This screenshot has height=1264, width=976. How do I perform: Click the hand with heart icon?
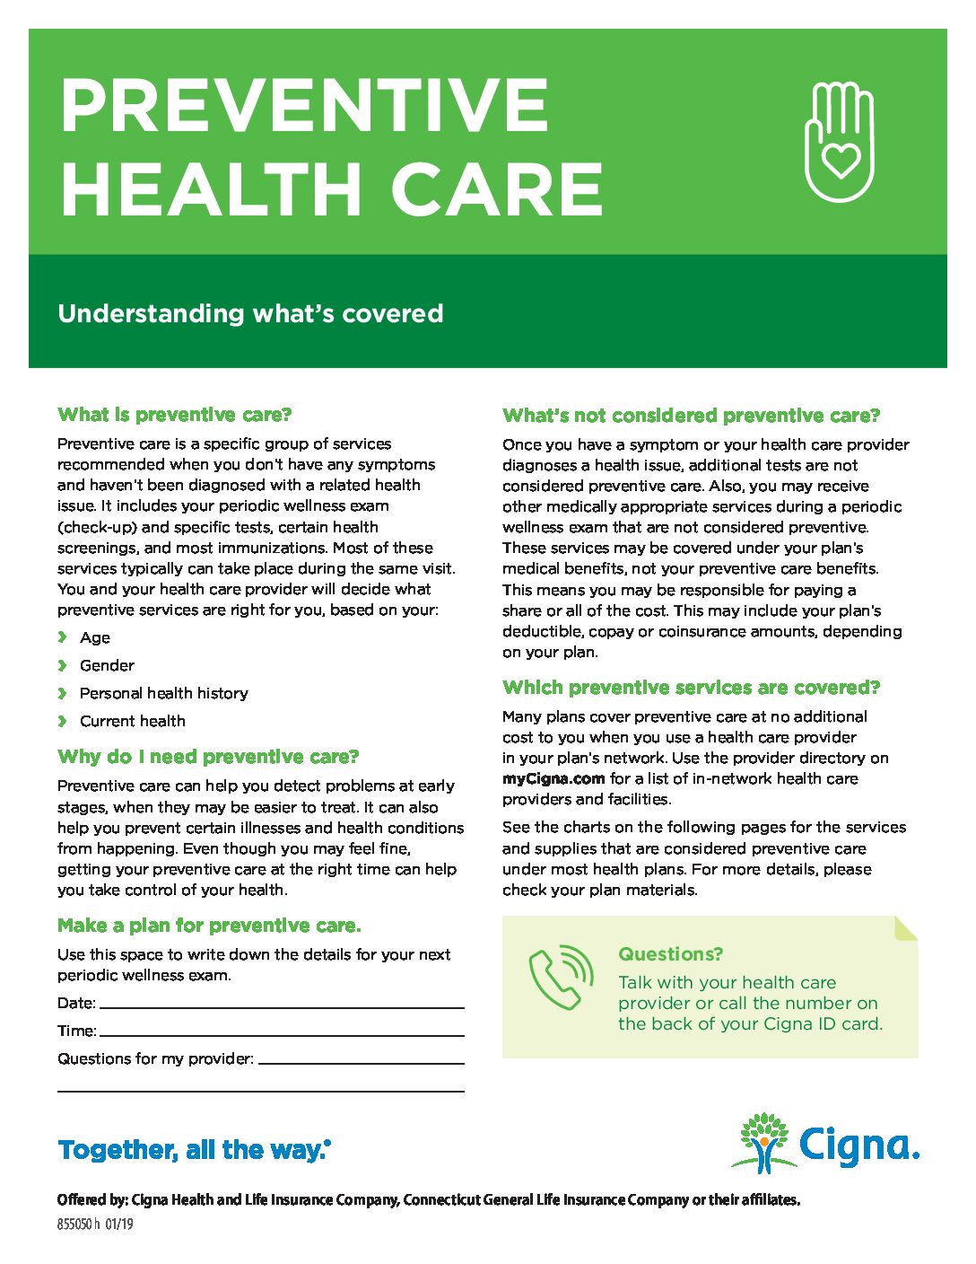point(839,141)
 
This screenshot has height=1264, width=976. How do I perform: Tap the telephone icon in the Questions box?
point(561,978)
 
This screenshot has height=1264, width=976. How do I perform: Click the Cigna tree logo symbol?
point(763,1143)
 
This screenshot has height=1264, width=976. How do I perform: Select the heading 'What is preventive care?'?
point(175,415)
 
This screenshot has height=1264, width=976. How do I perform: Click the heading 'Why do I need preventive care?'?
point(208,757)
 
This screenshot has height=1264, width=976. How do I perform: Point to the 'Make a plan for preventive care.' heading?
point(209,926)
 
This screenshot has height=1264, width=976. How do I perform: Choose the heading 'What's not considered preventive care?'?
point(692,416)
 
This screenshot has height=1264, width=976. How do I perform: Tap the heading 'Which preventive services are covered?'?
point(692,688)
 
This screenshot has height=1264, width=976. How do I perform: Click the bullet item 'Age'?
point(95,637)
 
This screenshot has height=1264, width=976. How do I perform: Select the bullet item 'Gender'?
point(107,665)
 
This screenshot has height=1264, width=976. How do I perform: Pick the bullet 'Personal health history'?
point(163,693)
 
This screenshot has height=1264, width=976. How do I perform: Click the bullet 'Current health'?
point(133,721)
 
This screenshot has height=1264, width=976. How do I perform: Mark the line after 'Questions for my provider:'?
point(361,1061)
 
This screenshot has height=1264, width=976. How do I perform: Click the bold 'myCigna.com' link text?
point(553,778)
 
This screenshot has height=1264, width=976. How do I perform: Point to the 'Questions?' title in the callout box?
point(670,954)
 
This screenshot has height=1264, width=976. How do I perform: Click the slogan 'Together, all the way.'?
point(194,1150)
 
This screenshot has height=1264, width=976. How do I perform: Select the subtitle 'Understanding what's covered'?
point(250,313)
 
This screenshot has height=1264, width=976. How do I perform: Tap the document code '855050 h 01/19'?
point(95,1224)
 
